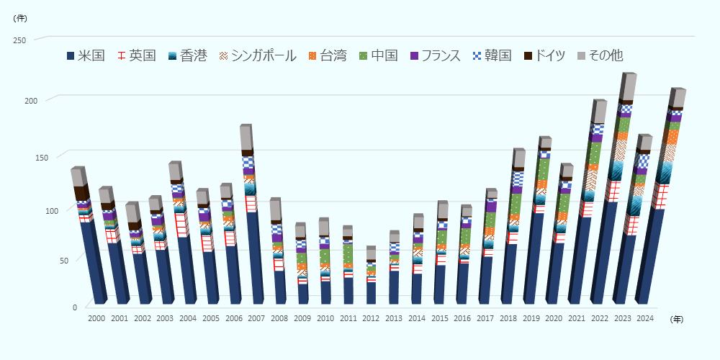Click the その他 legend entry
[606, 55]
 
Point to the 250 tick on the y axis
[19, 40]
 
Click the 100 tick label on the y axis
[19, 211]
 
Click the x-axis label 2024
[645, 318]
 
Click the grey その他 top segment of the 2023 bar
[627, 87]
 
